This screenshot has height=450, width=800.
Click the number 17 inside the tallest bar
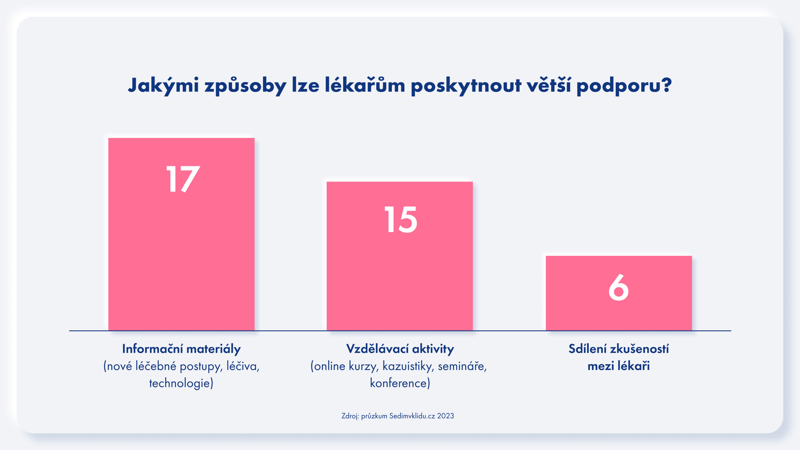(183, 179)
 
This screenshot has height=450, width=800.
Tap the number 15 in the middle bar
(400, 220)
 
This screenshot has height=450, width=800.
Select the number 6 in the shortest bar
(618, 287)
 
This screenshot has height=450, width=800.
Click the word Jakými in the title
(163, 85)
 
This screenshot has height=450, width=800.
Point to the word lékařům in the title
(365, 85)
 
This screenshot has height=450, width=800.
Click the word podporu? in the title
(624, 85)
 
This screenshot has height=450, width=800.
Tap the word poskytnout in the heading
(466, 85)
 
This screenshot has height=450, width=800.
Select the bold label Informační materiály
(181, 349)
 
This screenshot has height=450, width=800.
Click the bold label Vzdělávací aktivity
(400, 349)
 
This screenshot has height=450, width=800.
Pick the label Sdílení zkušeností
(618, 349)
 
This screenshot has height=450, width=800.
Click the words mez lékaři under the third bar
(618, 366)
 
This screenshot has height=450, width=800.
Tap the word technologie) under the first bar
(181, 383)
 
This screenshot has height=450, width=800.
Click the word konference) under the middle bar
(400, 383)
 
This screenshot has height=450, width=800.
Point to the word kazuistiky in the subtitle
(407, 366)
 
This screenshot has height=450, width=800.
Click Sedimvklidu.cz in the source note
(412, 416)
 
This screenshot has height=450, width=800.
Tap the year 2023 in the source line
(445, 416)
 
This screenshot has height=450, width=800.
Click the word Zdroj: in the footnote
(350, 416)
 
